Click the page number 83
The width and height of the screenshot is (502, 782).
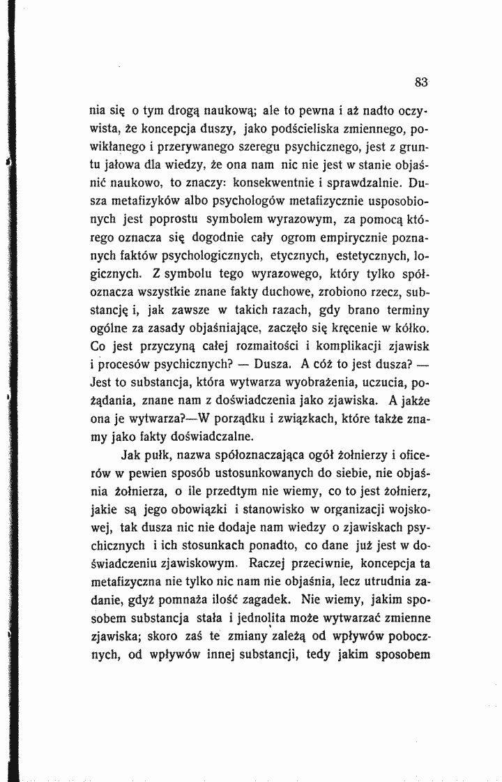pos(420,82)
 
